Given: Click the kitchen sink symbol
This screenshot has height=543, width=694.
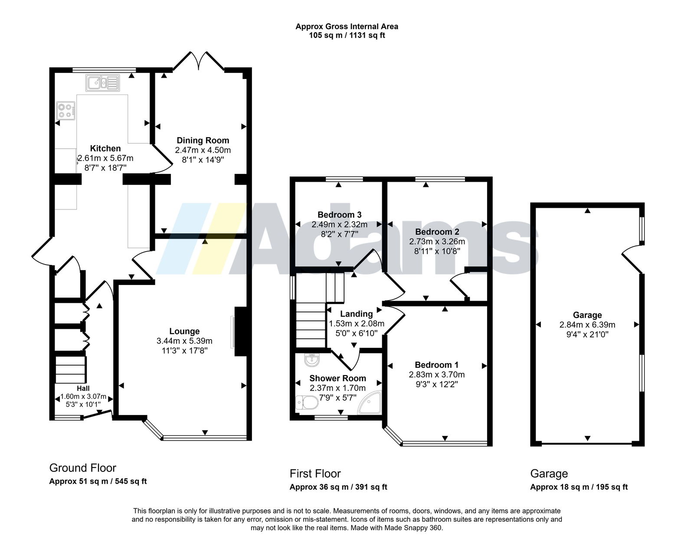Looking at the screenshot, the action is pyautogui.click(x=102, y=83).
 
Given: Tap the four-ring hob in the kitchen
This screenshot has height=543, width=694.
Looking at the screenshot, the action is pyautogui.click(x=66, y=111).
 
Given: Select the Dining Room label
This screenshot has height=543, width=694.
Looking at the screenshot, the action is pyautogui.click(x=203, y=141).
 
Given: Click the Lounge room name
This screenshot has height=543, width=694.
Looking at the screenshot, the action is pyautogui.click(x=184, y=331).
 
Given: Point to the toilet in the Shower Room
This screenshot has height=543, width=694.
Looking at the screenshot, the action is pyautogui.click(x=307, y=402).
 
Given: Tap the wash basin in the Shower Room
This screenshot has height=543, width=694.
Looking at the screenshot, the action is pyautogui.click(x=311, y=360).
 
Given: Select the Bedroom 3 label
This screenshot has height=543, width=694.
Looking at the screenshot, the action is pyautogui.click(x=340, y=215).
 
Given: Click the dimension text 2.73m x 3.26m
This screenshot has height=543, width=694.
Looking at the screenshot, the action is pyautogui.click(x=437, y=241).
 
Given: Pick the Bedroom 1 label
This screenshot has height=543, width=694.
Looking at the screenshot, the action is pyautogui.click(x=437, y=365).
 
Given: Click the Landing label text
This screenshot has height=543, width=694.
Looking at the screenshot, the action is pyautogui.click(x=357, y=314).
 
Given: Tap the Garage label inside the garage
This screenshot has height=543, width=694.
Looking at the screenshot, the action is pyautogui.click(x=587, y=315).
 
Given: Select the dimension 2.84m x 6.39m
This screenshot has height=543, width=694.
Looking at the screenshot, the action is pyautogui.click(x=587, y=325).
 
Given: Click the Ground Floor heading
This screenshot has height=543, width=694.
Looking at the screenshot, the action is pyautogui.click(x=82, y=468).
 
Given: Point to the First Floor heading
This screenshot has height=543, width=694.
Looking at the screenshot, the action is pyautogui.click(x=315, y=474).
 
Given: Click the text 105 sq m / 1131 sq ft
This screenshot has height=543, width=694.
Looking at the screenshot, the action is pyautogui.click(x=347, y=35).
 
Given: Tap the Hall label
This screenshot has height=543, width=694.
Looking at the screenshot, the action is pyautogui.click(x=83, y=389).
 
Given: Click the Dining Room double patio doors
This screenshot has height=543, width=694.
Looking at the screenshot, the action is pyautogui.click(x=198, y=61).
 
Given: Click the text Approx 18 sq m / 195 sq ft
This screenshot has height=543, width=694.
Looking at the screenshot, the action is pyautogui.click(x=579, y=487).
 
